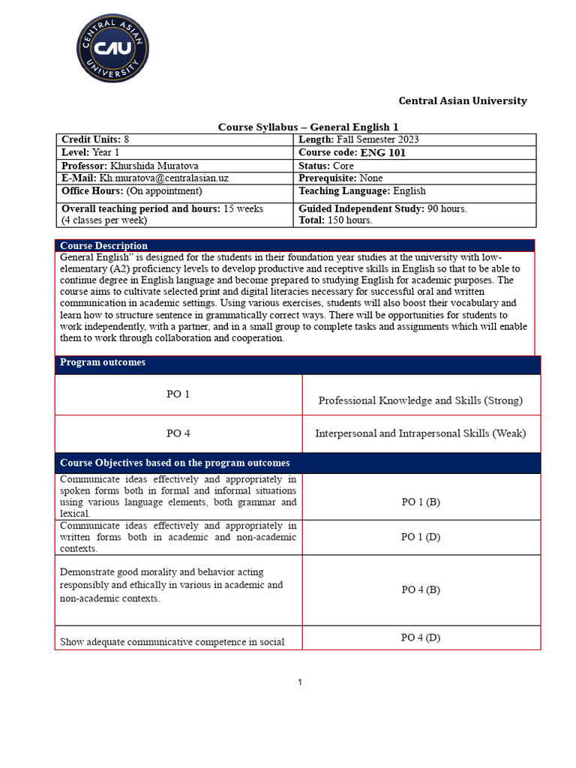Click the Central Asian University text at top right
coord(462,100)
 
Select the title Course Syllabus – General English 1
coord(313,127)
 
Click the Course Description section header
coord(104,245)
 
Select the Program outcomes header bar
coord(297,363)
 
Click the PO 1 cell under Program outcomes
coord(178,394)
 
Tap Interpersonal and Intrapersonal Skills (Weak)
coord(420,433)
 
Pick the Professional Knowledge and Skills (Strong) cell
coord(420,400)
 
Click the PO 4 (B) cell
coord(420,589)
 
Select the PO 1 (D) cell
coord(420,537)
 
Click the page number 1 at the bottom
coord(300,682)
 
